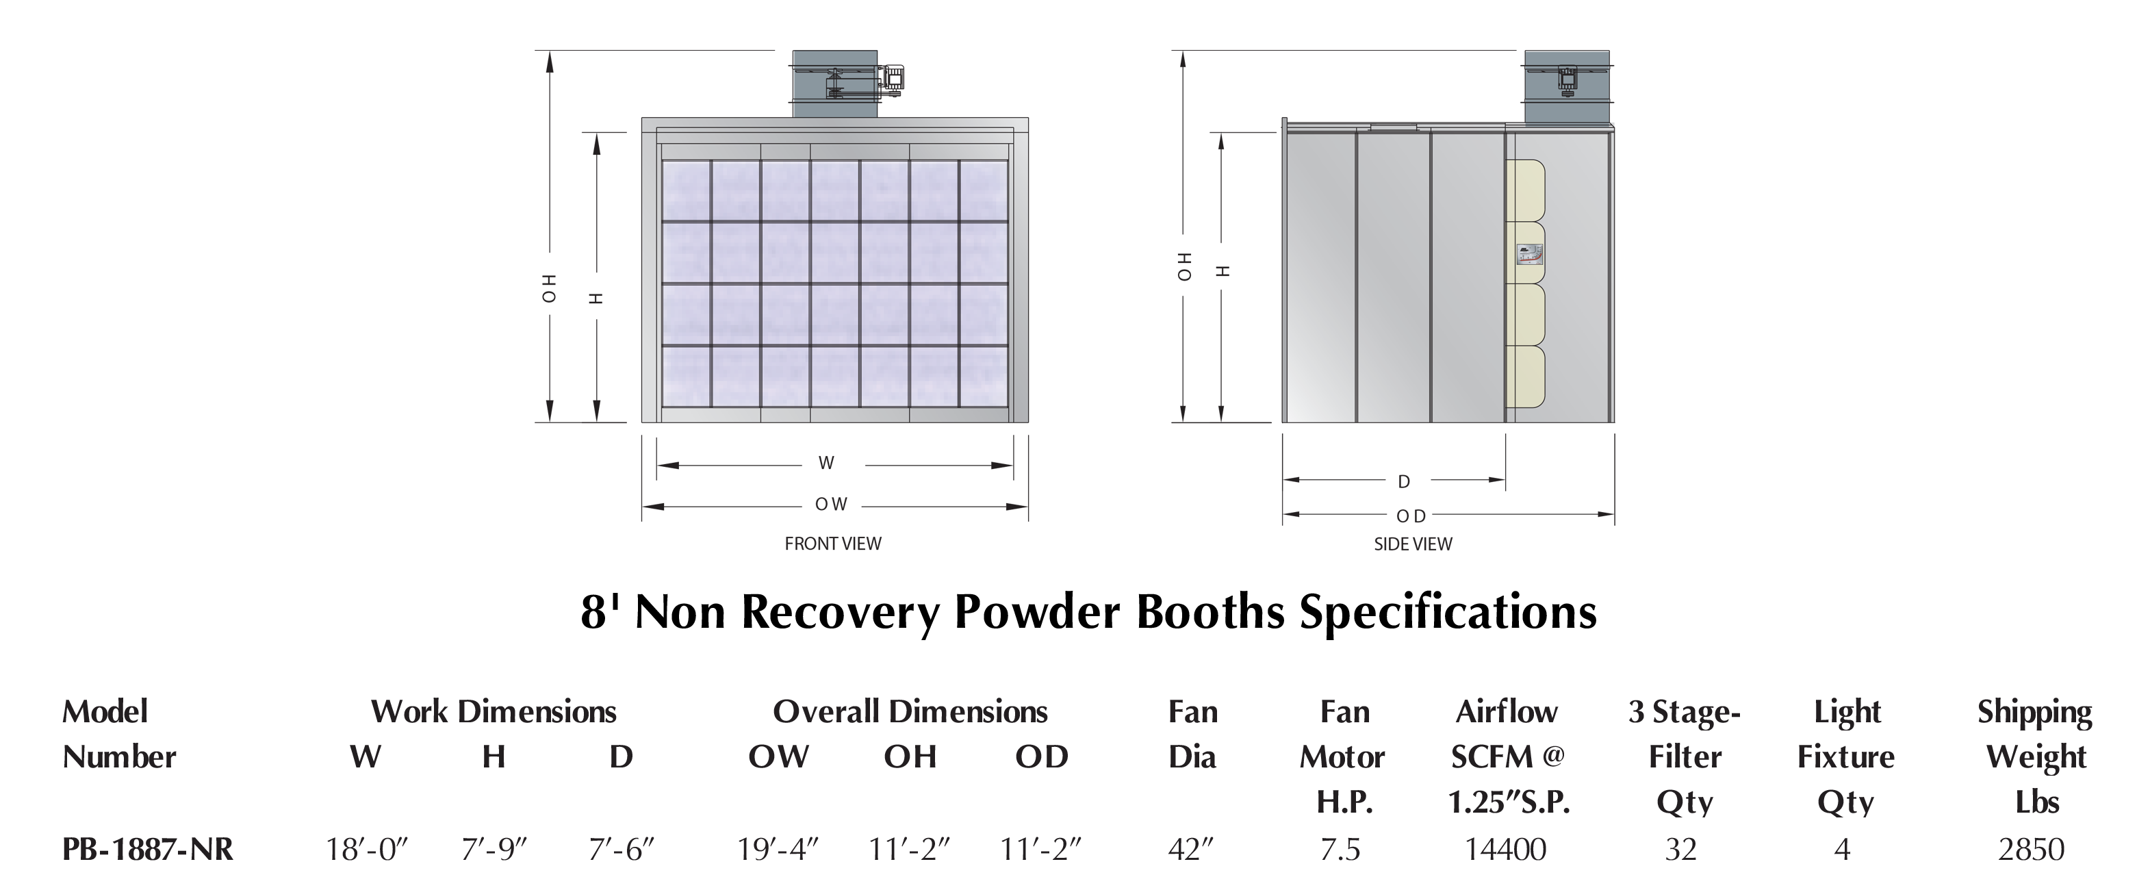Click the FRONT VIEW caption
point(832,544)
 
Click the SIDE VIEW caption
point(1413,544)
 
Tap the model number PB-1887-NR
point(148,849)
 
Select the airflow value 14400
point(1506,849)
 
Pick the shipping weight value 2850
point(2031,849)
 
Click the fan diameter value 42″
point(1191,849)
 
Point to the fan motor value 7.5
point(1340,849)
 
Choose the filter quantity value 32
point(1681,849)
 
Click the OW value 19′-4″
point(777,849)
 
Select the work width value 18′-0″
point(366,849)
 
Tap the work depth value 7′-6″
point(622,849)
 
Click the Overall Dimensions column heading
point(910,711)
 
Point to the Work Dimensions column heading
point(494,711)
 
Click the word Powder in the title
point(1039,611)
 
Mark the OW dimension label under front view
point(831,505)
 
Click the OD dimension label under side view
point(1411,517)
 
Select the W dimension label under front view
point(826,463)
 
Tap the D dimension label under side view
point(1404,482)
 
